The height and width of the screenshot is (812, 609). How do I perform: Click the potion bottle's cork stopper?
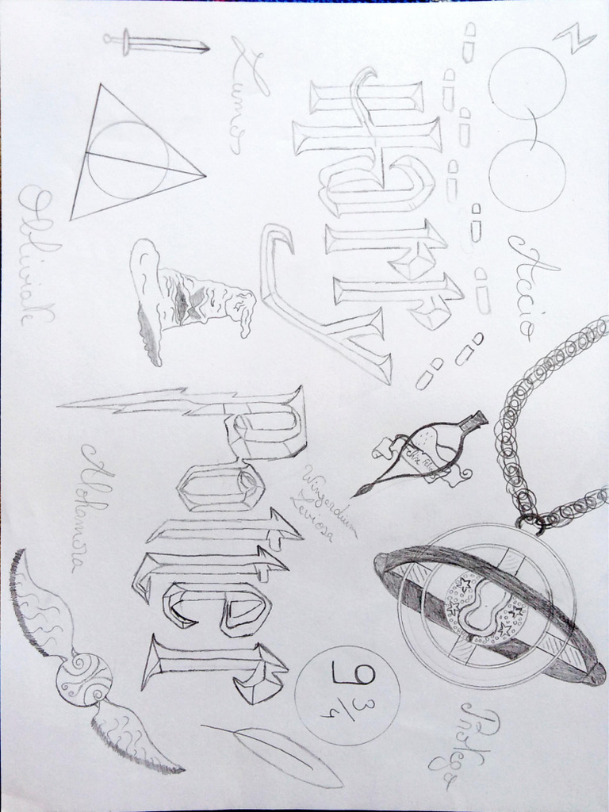[x=475, y=420]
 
